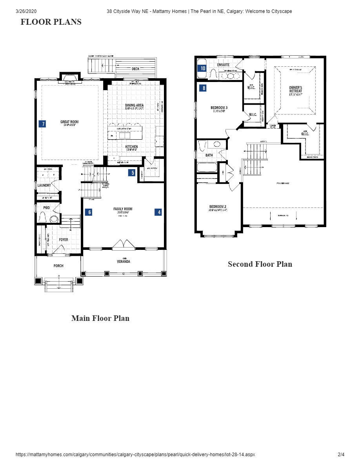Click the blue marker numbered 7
click(x=43, y=124)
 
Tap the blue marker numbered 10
click(x=203, y=68)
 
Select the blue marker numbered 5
click(x=133, y=172)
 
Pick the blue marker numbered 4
click(x=159, y=212)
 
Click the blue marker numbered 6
click(x=89, y=212)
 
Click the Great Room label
click(x=69, y=122)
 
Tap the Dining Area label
click(x=134, y=105)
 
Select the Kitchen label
click(x=131, y=147)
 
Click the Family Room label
click(x=123, y=209)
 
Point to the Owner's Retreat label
click(x=296, y=89)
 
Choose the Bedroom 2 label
click(x=218, y=207)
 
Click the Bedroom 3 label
click(x=219, y=107)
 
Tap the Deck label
click(x=135, y=69)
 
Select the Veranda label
click(x=123, y=262)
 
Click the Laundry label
click(x=44, y=186)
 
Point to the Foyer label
click(x=63, y=240)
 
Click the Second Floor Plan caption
click(x=260, y=264)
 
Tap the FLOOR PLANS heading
click(x=51, y=22)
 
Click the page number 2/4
click(x=341, y=455)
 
